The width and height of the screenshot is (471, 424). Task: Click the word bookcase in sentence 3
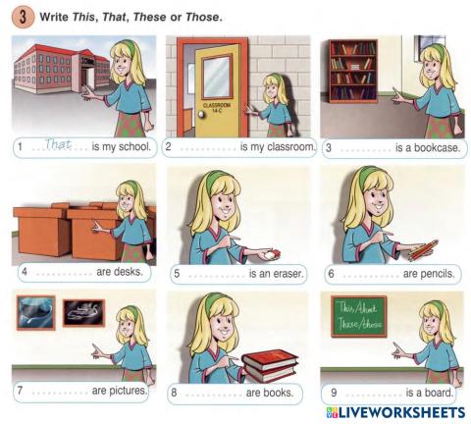pyautogui.click(x=438, y=148)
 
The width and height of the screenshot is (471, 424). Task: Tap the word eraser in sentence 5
pyautogui.click(x=283, y=274)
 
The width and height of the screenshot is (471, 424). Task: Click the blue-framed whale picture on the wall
pyautogui.click(x=35, y=314)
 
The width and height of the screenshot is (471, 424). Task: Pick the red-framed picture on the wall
pyautogui.click(x=82, y=313)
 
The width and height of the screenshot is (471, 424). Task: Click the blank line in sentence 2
pyautogui.click(x=207, y=148)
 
